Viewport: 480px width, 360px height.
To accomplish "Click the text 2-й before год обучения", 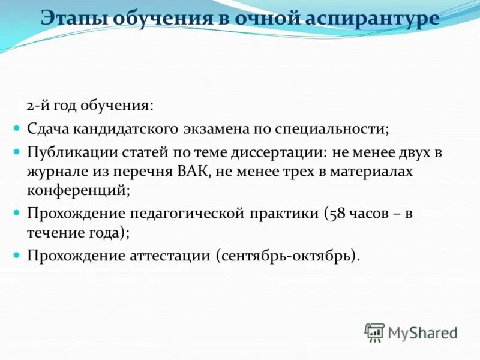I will coord(37,106).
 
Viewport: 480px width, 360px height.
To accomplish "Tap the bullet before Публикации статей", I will coord(16,152).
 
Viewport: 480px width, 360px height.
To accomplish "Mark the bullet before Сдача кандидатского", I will coord(16,128).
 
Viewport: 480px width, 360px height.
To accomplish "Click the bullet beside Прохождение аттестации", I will coord(16,255).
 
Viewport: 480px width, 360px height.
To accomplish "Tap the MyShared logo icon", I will coord(374,332).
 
